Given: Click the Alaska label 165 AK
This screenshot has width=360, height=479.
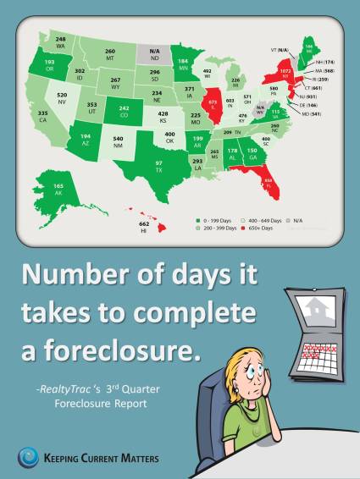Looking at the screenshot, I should coord(58,186).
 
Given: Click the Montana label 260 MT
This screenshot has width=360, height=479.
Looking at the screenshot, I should coord(110,54).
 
